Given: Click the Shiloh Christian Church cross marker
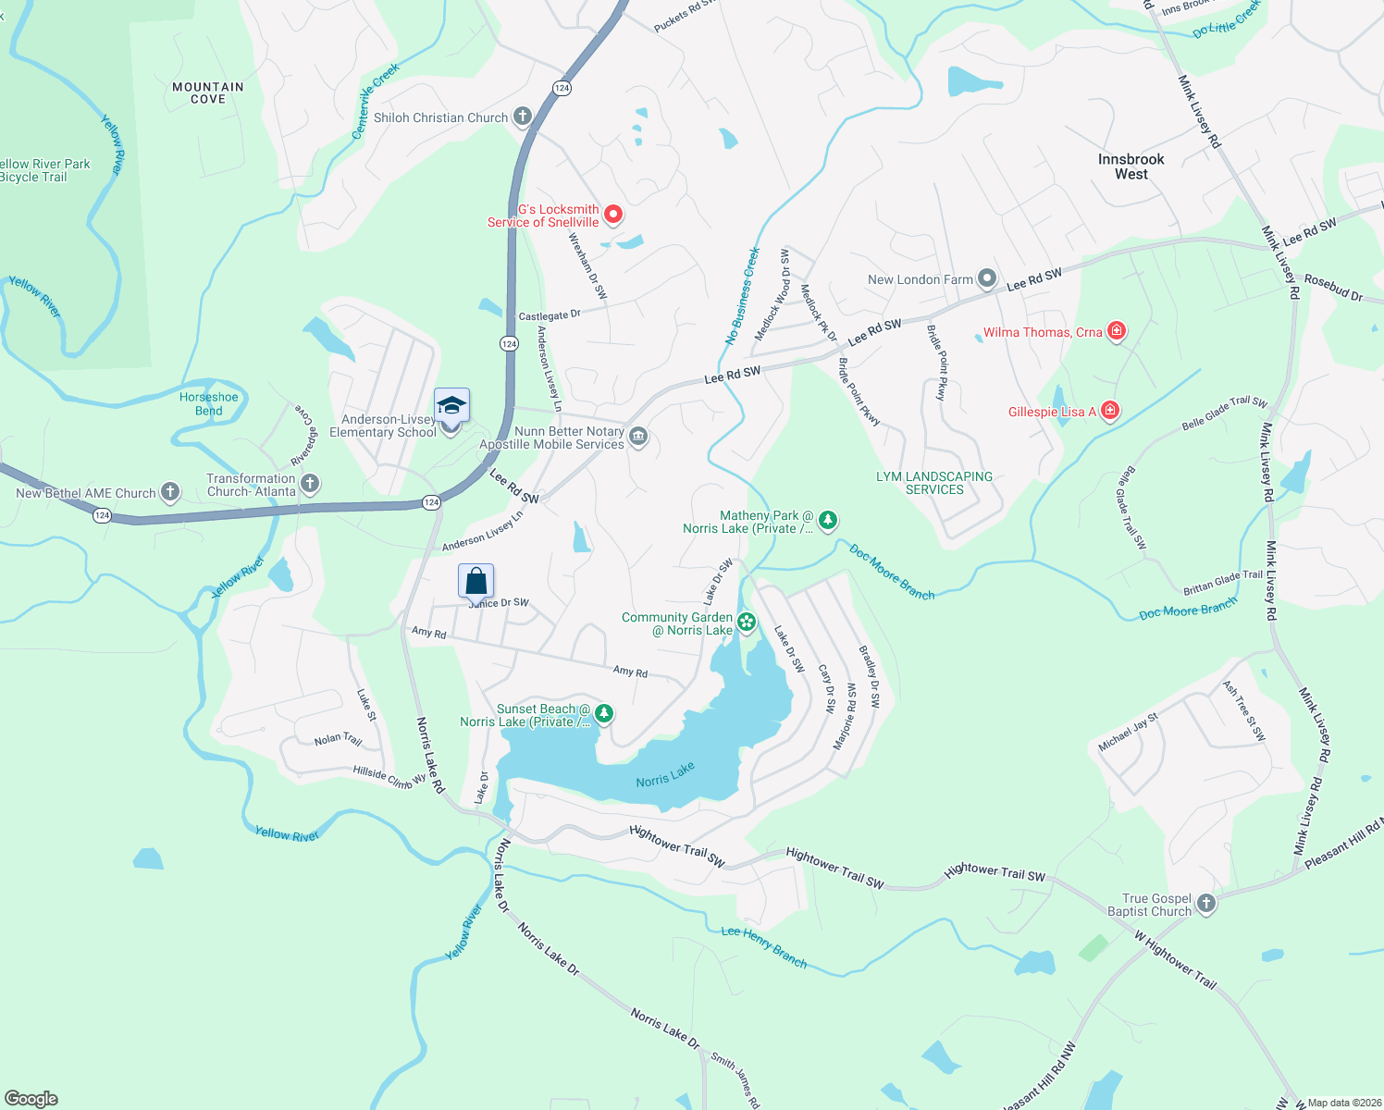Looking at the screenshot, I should point(523,117).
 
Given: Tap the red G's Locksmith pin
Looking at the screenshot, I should point(612,215).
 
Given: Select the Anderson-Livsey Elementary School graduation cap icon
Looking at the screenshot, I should point(451,406).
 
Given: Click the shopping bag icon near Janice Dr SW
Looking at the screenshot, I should point(476,582).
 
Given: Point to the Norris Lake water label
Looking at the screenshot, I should point(664,775).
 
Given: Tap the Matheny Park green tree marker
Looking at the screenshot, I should point(828,521).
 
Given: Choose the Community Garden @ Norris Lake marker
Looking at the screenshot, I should point(747,623).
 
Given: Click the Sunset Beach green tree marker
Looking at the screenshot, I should point(603,713).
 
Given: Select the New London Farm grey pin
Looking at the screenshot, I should point(987,278).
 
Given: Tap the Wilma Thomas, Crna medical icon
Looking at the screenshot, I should point(1117,331).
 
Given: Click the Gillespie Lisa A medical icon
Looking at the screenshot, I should point(1110,410).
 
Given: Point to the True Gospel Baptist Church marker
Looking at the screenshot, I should point(1205,904).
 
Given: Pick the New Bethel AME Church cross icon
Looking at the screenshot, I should point(170,492).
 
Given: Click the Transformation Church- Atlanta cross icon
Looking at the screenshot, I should point(311,483).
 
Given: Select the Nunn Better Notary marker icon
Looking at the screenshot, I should point(637,437).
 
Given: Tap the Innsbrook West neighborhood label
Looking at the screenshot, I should point(1131,166).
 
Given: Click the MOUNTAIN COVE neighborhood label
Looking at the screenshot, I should point(208,92).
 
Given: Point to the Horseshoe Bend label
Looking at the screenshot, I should point(209,403).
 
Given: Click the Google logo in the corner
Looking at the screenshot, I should point(31,1098).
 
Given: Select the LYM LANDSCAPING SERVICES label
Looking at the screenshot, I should point(934,483).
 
